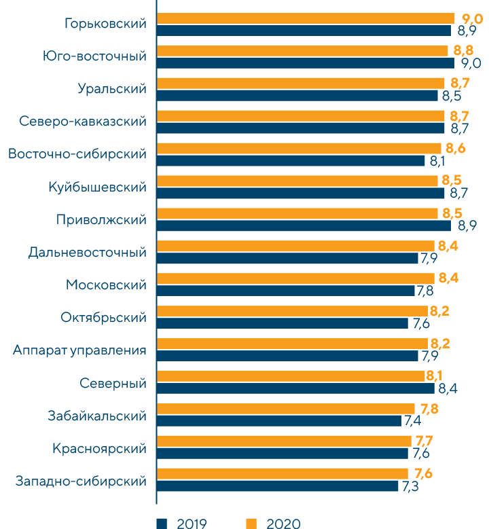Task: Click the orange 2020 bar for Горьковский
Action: point(305,18)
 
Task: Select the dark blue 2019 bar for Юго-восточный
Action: point(305,63)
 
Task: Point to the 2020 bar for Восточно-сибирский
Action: point(299,148)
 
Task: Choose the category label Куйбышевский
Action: point(98,187)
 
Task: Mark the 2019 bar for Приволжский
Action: point(304,225)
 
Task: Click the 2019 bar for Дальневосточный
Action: point(287,258)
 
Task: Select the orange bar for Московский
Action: point(295,278)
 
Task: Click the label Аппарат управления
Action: point(79,350)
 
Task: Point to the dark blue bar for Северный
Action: point(295,388)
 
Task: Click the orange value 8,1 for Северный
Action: point(435,376)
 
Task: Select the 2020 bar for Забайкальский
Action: point(285,408)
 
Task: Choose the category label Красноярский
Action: point(100,449)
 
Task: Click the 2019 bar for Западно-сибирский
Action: point(277,486)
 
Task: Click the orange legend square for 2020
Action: point(251,523)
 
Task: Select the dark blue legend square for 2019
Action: point(162,523)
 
